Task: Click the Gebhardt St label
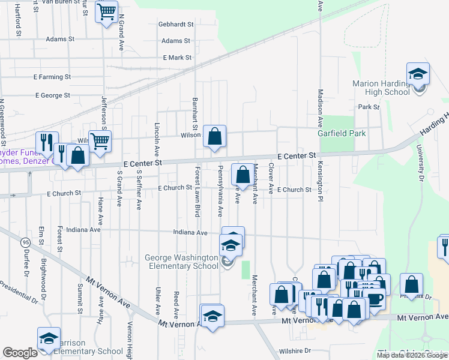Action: click(176, 25)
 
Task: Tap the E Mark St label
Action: click(177, 58)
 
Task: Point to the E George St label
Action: click(53, 95)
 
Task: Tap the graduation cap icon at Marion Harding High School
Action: click(418, 74)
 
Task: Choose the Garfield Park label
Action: click(342, 133)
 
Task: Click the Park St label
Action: click(369, 107)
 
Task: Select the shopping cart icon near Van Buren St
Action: click(106, 11)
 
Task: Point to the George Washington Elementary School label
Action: click(181, 262)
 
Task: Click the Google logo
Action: click(20, 353)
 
